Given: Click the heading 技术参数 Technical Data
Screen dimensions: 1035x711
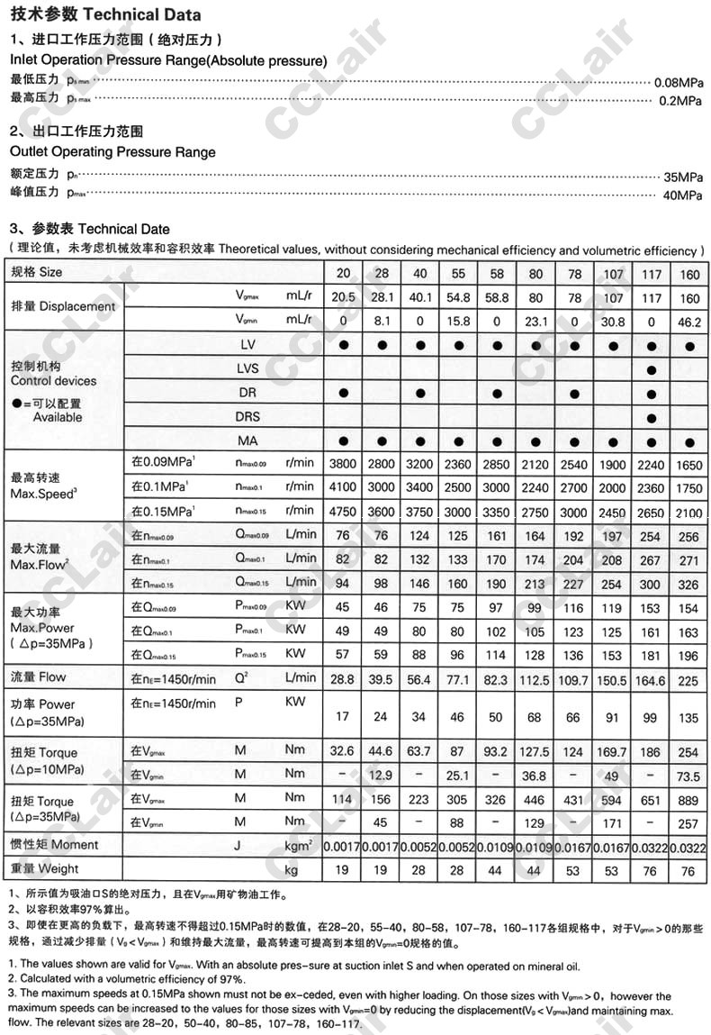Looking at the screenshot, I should click(105, 14).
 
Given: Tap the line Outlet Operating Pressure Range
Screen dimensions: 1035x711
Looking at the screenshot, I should click(112, 151).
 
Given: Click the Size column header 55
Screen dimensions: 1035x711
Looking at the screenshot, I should click(458, 272).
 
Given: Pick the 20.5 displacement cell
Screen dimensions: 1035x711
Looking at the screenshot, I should click(344, 297).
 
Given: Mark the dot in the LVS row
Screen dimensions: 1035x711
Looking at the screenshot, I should click(652, 370).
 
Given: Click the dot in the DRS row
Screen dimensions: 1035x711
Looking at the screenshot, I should click(652, 418).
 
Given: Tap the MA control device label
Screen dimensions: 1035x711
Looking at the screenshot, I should click(247, 440).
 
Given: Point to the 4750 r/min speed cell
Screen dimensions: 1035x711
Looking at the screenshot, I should click(344, 512).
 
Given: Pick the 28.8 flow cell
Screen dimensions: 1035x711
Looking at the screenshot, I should click(344, 677).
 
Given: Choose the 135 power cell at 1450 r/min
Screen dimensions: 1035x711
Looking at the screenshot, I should click(689, 718).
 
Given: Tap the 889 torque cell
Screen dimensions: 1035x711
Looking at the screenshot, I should click(689, 798).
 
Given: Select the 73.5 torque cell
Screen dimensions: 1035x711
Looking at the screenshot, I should click(689, 776).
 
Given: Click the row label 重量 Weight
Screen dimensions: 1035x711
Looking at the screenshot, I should click(44, 868).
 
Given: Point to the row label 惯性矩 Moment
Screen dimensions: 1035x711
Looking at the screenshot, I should click(54, 845).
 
